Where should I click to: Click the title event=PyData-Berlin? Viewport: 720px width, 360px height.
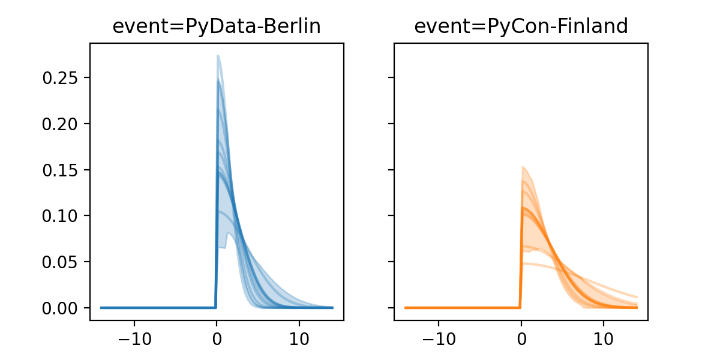217,26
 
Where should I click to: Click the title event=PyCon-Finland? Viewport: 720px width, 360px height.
521,26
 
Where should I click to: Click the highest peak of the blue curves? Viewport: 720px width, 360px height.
218,56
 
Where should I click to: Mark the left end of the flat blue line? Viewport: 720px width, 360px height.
101,308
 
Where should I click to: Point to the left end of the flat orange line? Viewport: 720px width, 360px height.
406,308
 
